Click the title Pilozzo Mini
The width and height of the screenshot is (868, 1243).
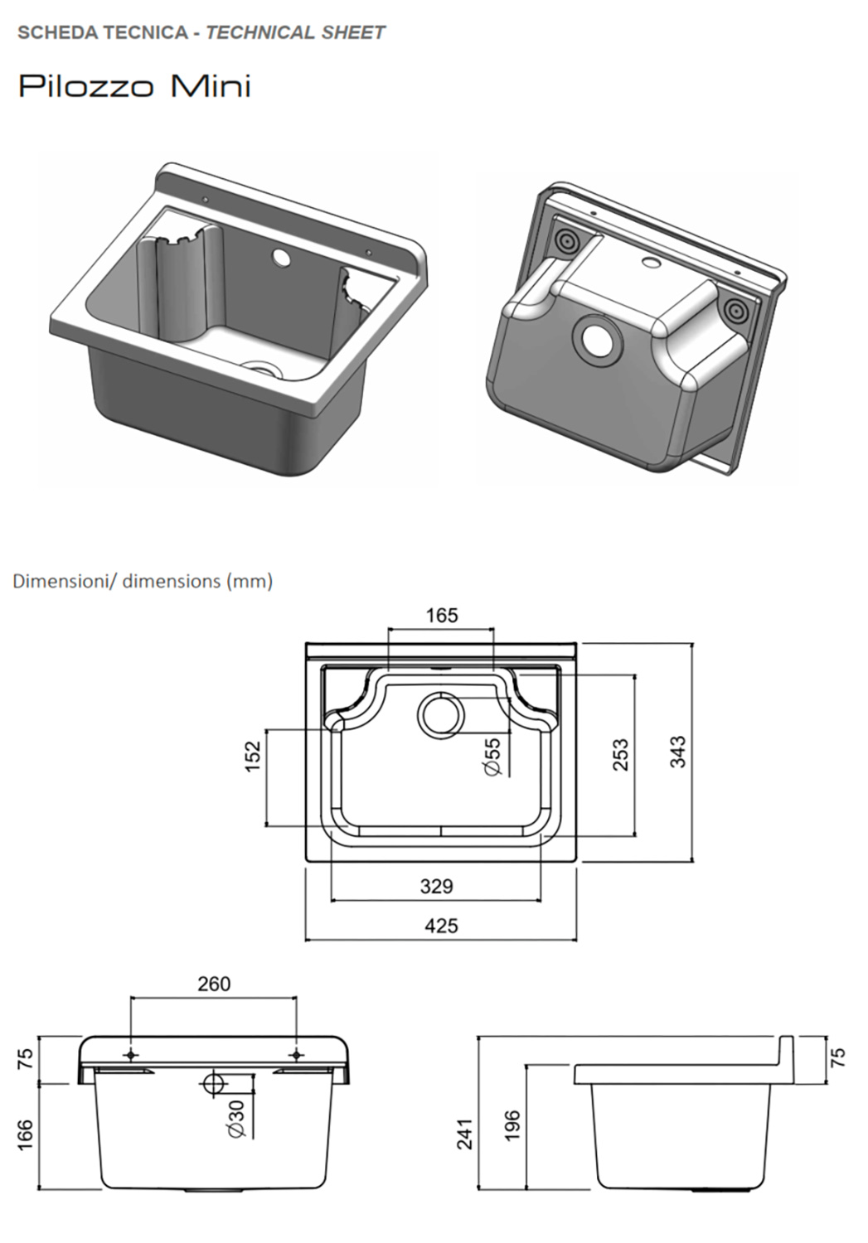(x=134, y=86)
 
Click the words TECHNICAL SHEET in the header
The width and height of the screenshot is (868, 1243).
(x=295, y=33)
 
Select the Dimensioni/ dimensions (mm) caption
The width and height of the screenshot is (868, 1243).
(x=142, y=581)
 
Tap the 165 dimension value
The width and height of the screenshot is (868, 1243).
(x=441, y=616)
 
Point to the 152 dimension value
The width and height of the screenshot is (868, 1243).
(x=253, y=756)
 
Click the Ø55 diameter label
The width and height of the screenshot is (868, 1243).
(x=492, y=757)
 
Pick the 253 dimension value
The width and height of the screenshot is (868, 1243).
(x=620, y=755)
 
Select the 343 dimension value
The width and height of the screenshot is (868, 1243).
(x=678, y=752)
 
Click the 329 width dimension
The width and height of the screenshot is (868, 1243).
(x=436, y=886)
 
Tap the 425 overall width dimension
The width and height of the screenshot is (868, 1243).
(x=440, y=926)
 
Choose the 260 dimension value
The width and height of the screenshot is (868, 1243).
(x=214, y=984)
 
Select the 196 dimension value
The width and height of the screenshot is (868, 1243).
(x=512, y=1127)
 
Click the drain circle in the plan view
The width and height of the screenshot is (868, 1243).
(x=441, y=714)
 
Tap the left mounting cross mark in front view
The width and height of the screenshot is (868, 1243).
(x=130, y=1055)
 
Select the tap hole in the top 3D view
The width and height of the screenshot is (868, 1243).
(x=281, y=259)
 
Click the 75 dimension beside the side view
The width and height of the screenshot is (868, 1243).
(x=837, y=1057)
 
